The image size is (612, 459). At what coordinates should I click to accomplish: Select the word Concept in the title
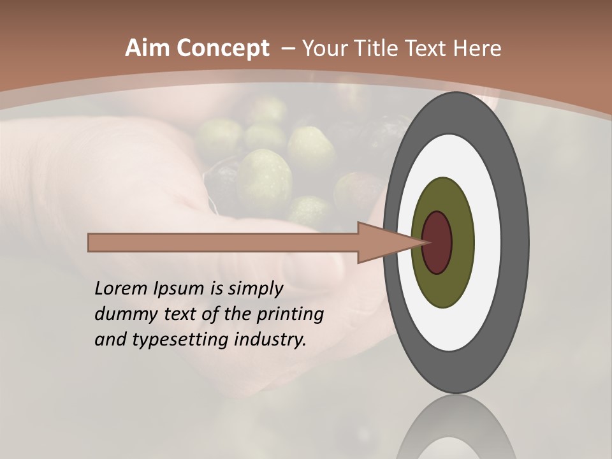pos(222,48)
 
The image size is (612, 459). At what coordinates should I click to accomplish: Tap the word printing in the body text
pos(289,314)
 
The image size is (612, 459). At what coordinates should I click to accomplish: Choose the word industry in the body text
pos(270,340)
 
